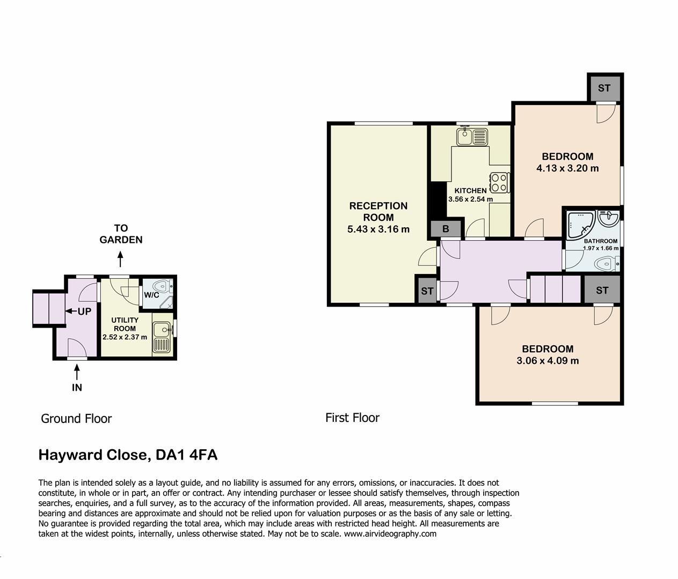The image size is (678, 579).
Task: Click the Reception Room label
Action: [378, 211]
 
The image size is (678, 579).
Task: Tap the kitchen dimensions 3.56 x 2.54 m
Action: [470, 199]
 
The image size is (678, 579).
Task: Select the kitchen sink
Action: [472, 137]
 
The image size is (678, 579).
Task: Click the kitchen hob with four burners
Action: [499, 182]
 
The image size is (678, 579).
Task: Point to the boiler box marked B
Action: [446, 229]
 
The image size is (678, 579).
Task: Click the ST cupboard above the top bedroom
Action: [604, 88]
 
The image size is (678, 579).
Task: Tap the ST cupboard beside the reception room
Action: [427, 291]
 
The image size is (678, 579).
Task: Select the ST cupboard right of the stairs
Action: [602, 290]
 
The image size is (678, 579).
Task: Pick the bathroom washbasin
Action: [610, 218]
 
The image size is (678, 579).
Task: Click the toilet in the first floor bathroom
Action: [607, 264]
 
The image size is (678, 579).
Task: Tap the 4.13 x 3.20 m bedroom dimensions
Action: [567, 168]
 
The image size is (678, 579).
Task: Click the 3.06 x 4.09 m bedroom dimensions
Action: [548, 361]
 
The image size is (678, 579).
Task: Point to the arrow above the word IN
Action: [77, 370]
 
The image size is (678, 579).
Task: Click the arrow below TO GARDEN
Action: [121, 260]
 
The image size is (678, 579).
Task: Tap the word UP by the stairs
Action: [84, 311]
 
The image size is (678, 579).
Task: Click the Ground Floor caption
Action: [76, 419]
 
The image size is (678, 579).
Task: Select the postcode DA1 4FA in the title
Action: [186, 455]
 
